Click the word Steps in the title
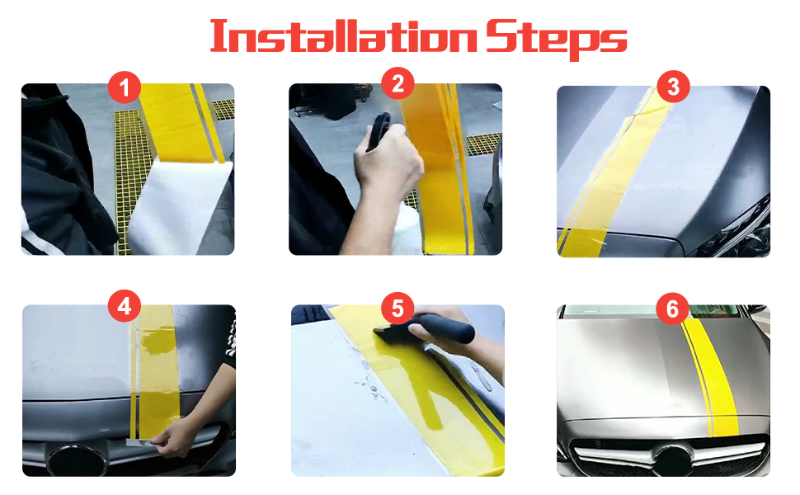pos(556,39)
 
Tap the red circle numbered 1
pos(125,87)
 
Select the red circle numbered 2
pos(398,83)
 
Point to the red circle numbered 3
pos(674,87)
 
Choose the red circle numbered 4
pos(125,306)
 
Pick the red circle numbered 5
pos(398,309)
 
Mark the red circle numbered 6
pos(672,309)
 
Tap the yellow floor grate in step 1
pos(128,168)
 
